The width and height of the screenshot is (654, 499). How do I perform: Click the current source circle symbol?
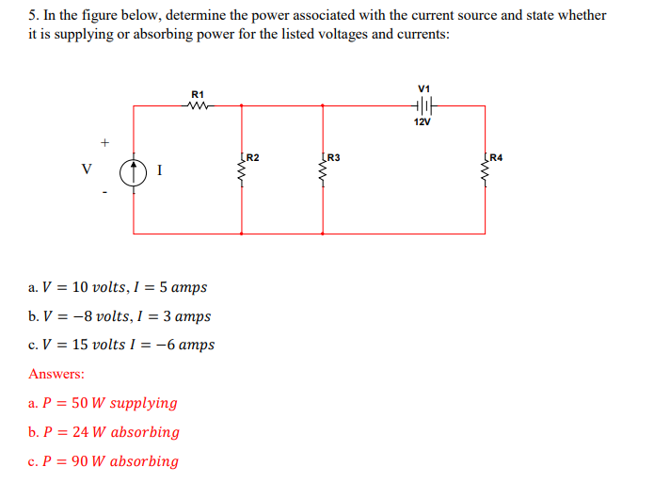point(135,171)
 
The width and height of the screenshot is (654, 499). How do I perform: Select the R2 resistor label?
point(252,156)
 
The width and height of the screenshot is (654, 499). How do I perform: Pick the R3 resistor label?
point(332,156)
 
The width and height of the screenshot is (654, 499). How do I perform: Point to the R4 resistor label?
point(496,156)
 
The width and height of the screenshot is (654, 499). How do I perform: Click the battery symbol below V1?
point(425,105)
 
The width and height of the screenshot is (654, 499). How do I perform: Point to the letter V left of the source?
point(87,170)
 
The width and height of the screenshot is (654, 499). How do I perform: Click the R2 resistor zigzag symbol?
point(243,171)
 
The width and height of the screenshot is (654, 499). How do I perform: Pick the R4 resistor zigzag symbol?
point(487,171)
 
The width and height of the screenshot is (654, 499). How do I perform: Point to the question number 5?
point(32,15)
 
